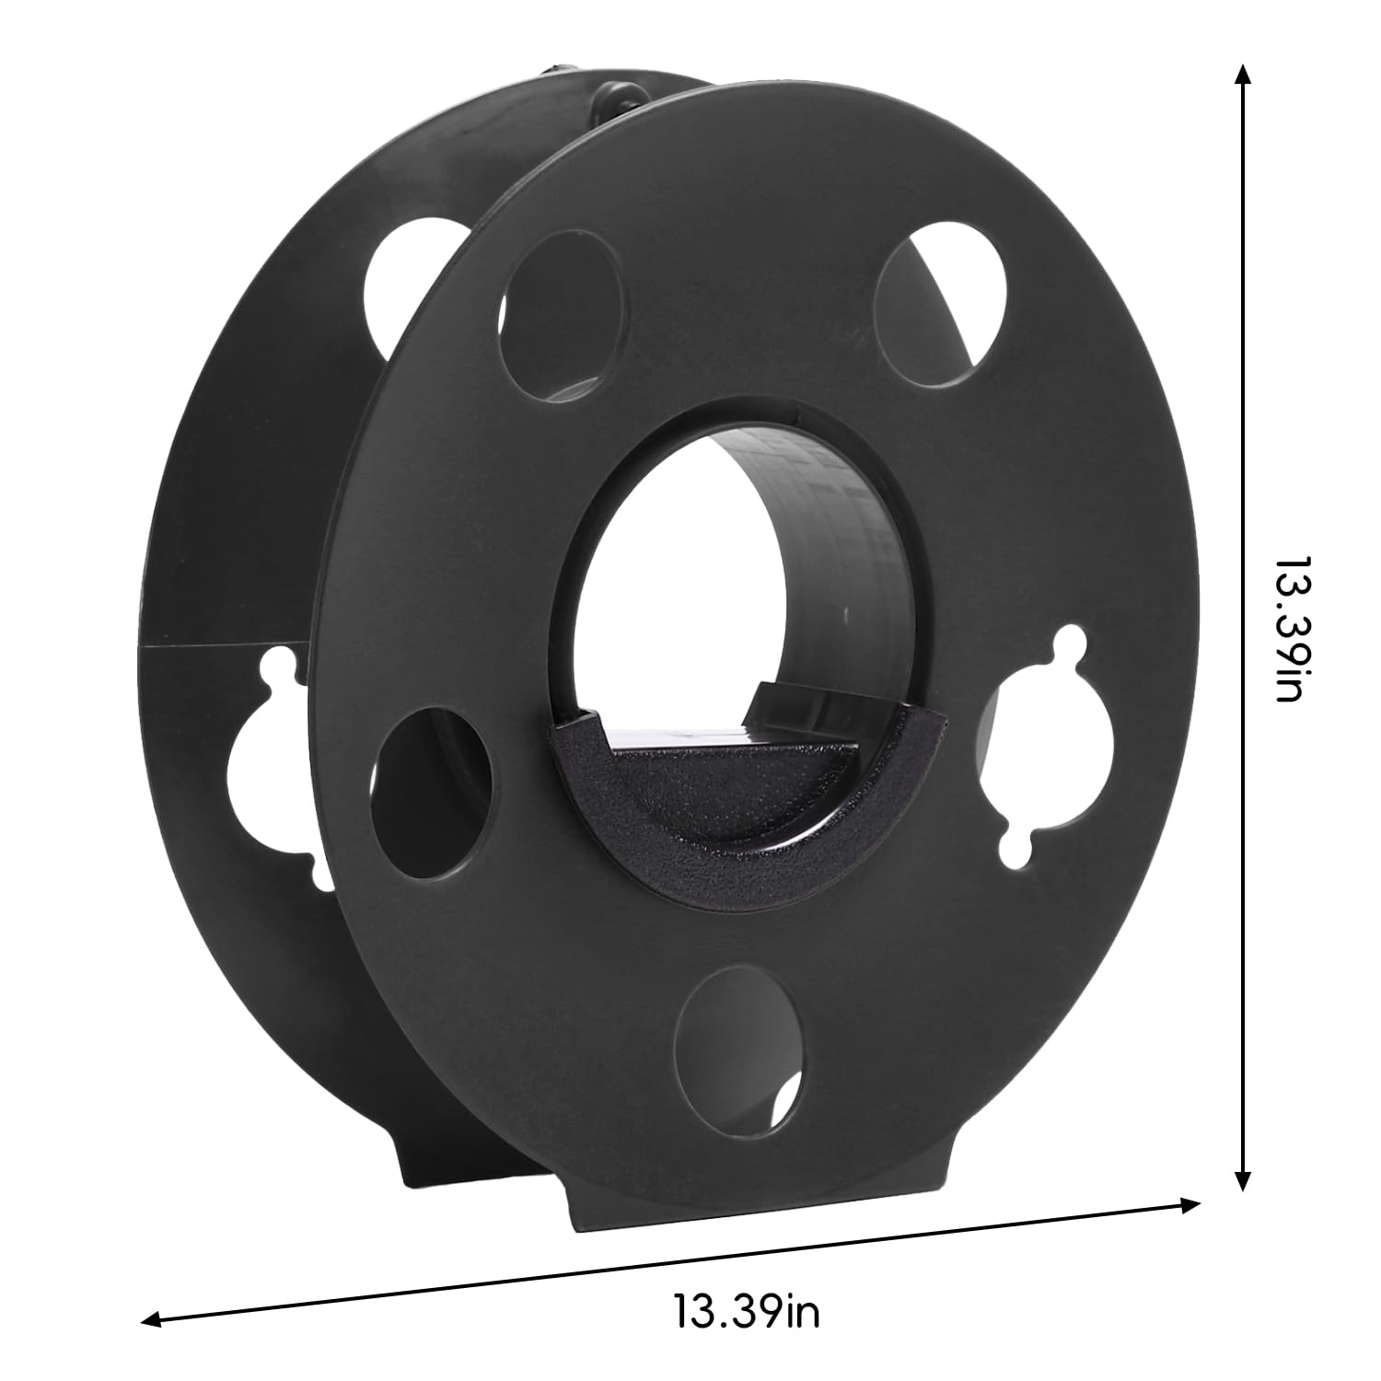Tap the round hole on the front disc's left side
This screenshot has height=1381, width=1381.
432,792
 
